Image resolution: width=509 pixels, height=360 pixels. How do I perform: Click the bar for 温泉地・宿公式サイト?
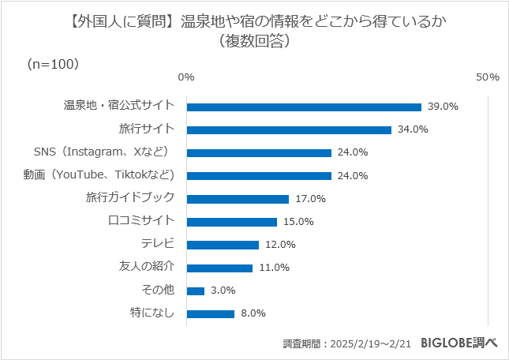click(x=304, y=107)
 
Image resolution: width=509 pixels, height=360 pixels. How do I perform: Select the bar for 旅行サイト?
click(x=289, y=129)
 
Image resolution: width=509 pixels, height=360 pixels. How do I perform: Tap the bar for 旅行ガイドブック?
click(x=238, y=199)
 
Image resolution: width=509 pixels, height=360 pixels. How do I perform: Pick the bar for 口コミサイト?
click(x=231, y=222)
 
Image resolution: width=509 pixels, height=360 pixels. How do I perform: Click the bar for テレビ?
click(x=223, y=245)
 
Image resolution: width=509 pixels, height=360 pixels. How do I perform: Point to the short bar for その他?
click(x=196, y=291)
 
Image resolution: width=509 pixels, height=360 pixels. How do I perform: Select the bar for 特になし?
click(x=211, y=313)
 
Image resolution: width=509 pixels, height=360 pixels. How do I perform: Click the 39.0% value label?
click(x=443, y=107)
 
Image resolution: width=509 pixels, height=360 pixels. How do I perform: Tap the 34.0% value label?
click(x=413, y=129)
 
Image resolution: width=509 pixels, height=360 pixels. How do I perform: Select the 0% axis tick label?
click(x=186, y=77)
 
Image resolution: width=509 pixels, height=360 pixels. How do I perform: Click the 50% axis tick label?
click(x=488, y=77)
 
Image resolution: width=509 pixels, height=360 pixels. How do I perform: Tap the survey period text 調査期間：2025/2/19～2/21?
click(x=347, y=344)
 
